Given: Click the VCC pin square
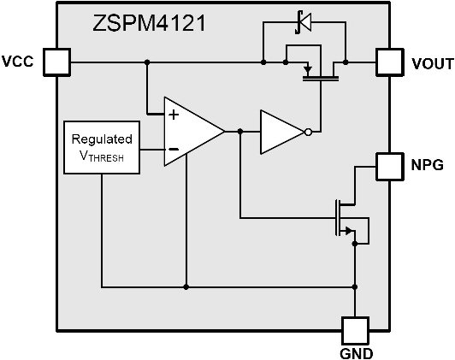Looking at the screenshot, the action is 56,62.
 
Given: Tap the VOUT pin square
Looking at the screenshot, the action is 390,62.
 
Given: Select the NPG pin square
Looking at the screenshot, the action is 390,167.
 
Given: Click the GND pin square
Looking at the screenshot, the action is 355,331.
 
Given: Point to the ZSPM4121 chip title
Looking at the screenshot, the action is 149,23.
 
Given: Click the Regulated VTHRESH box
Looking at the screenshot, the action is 102,147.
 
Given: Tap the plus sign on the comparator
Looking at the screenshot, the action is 174,115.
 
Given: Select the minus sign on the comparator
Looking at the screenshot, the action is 174,150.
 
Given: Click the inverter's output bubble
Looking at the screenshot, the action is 308,132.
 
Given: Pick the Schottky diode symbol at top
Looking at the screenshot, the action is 304,22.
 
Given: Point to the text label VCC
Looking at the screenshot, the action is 18,62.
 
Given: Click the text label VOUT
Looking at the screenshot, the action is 433,64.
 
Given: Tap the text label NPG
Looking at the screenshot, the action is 428,164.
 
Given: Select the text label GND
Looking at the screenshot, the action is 356,354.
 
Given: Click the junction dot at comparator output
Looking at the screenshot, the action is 240,132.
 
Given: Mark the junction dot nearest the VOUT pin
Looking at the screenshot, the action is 346,62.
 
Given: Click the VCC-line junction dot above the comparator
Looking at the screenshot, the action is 147,62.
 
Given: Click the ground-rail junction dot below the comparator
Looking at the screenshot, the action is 186,287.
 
